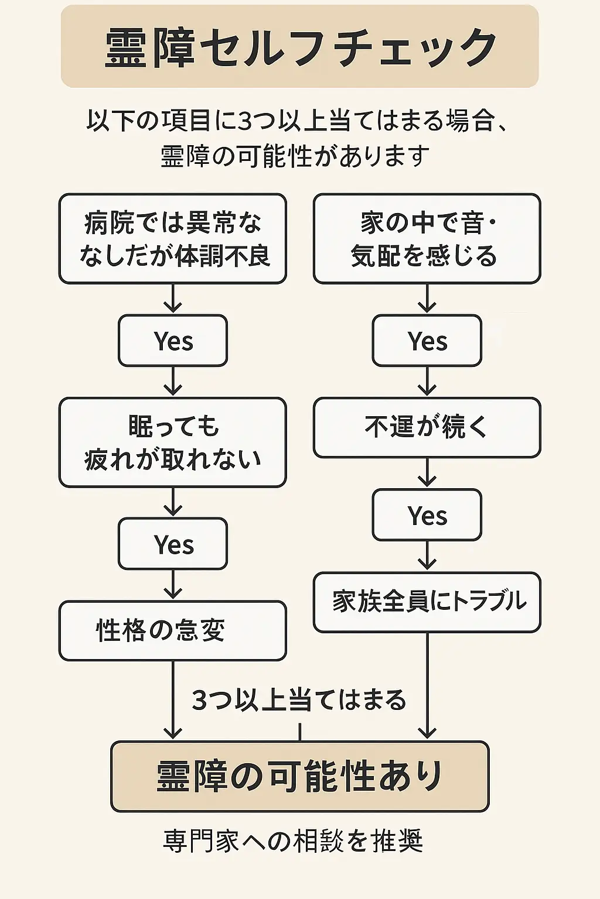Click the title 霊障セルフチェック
click(x=299, y=47)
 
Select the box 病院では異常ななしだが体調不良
click(x=172, y=239)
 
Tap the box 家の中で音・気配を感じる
click(x=427, y=239)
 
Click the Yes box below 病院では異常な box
click(x=173, y=341)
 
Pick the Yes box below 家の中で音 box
click(x=427, y=341)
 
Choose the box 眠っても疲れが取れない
click(x=172, y=442)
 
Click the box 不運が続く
click(x=427, y=427)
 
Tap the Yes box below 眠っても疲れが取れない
click(x=173, y=544)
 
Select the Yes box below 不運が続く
click(x=427, y=515)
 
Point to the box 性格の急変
click(x=172, y=630)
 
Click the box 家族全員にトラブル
click(x=427, y=602)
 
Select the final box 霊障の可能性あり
click(x=299, y=776)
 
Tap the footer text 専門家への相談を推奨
click(x=293, y=841)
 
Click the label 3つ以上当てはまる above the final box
click(x=299, y=700)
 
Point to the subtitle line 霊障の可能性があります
click(x=295, y=156)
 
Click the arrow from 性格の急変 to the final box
click(x=173, y=700)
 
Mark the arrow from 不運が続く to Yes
click(x=427, y=473)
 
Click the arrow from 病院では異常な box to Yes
click(x=173, y=298)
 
